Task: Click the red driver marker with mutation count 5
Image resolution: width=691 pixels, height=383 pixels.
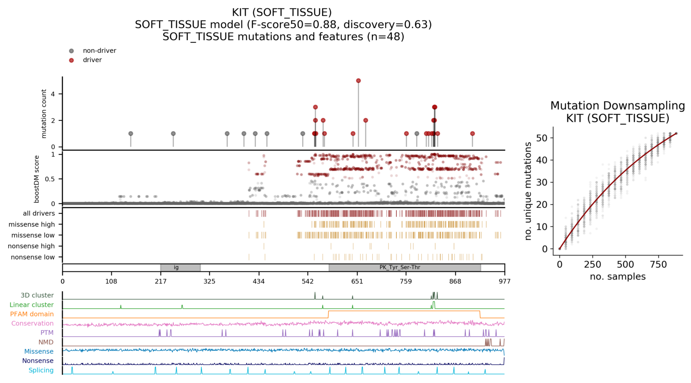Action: (x=358, y=81)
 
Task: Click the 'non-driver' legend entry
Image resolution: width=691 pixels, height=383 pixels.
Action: (x=99, y=51)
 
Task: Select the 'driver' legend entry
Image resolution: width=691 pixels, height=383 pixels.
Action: (x=92, y=60)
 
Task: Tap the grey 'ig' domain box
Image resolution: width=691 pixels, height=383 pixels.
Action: (x=180, y=268)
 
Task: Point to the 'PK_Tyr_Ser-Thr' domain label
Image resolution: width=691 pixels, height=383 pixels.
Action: (x=399, y=268)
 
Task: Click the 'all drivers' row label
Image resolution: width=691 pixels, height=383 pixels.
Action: (x=39, y=213)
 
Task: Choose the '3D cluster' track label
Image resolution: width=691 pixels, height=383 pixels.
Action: (x=37, y=295)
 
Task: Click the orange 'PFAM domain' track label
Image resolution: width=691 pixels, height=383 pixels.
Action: (x=32, y=314)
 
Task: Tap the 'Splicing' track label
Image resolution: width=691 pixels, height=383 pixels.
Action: (x=41, y=370)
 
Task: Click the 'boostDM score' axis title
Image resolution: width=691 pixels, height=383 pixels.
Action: (x=37, y=179)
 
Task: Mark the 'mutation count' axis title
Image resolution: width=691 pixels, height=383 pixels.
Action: (x=44, y=114)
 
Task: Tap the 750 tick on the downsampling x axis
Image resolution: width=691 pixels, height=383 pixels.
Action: (x=658, y=265)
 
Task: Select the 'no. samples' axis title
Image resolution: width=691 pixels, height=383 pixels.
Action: (x=617, y=277)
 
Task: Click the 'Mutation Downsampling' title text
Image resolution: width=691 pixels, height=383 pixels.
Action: (x=617, y=106)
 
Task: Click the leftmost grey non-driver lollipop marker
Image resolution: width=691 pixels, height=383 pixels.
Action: (x=131, y=134)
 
